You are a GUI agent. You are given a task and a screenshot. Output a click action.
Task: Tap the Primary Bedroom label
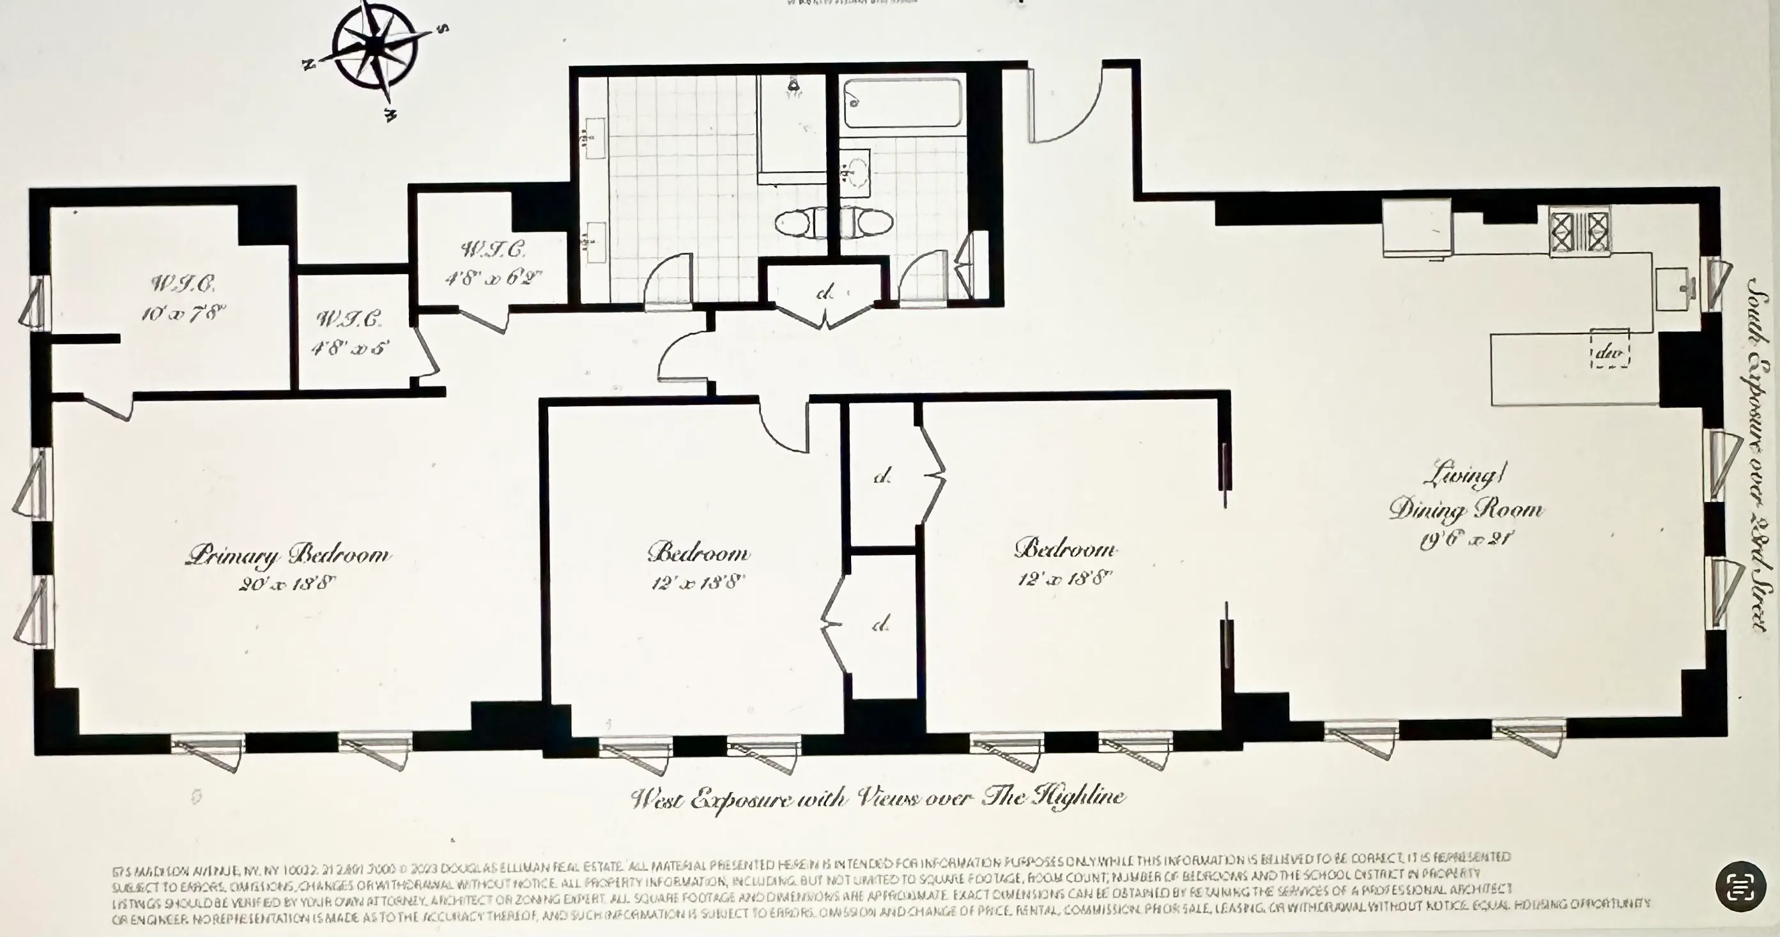pos(288,555)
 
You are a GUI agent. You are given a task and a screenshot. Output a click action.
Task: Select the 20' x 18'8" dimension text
pos(287,584)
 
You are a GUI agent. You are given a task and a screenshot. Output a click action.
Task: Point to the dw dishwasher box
pos(1609,353)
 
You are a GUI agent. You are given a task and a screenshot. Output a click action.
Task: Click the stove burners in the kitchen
pos(1579,231)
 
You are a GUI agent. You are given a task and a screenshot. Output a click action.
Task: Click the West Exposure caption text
pos(878,799)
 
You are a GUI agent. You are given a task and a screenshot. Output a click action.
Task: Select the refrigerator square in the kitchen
pos(1416,228)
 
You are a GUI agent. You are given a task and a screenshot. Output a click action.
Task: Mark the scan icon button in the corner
pos(1740,887)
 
